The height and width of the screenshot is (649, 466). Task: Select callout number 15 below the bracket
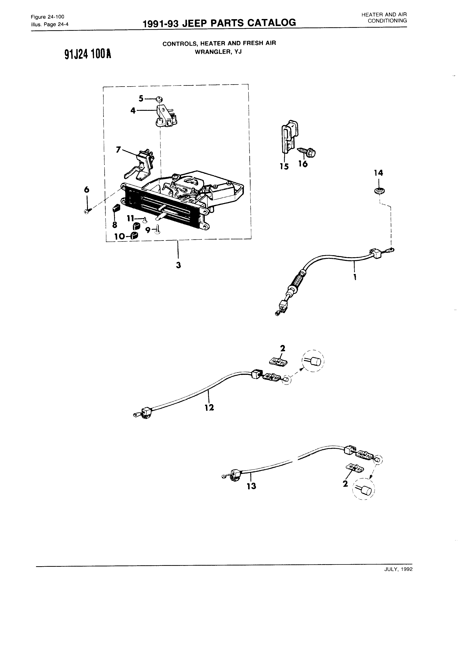pos(284,166)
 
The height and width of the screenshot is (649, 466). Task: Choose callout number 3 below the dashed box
pos(178,265)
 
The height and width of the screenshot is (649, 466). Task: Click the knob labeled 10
pos(134,236)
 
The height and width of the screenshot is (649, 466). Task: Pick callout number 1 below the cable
pos(355,277)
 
